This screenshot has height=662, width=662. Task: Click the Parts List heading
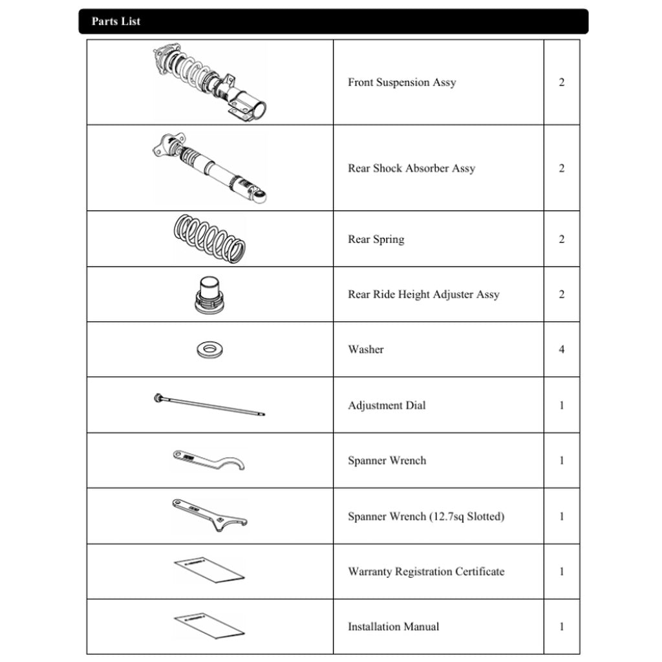[116, 21]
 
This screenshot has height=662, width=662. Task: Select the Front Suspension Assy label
[401, 82]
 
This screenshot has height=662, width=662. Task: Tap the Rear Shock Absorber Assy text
[411, 168]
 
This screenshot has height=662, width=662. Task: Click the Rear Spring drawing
[210, 239]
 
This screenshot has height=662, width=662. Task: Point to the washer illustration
[210, 350]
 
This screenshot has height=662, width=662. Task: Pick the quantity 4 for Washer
[561, 349]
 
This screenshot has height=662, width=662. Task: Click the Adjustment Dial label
[387, 405]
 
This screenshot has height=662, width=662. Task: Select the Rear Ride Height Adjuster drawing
[210, 295]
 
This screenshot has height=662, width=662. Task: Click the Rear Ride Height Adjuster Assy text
[423, 294]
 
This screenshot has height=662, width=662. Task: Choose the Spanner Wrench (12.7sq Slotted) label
[426, 517]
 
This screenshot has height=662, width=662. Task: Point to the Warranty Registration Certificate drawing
[209, 569]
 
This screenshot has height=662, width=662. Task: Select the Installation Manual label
[393, 626]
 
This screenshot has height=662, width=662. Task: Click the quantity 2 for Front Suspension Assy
[561, 82]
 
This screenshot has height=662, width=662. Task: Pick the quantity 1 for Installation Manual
[561, 626]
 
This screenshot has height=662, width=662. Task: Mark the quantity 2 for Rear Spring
[561, 239]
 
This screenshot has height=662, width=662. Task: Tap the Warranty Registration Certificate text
[426, 571]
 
